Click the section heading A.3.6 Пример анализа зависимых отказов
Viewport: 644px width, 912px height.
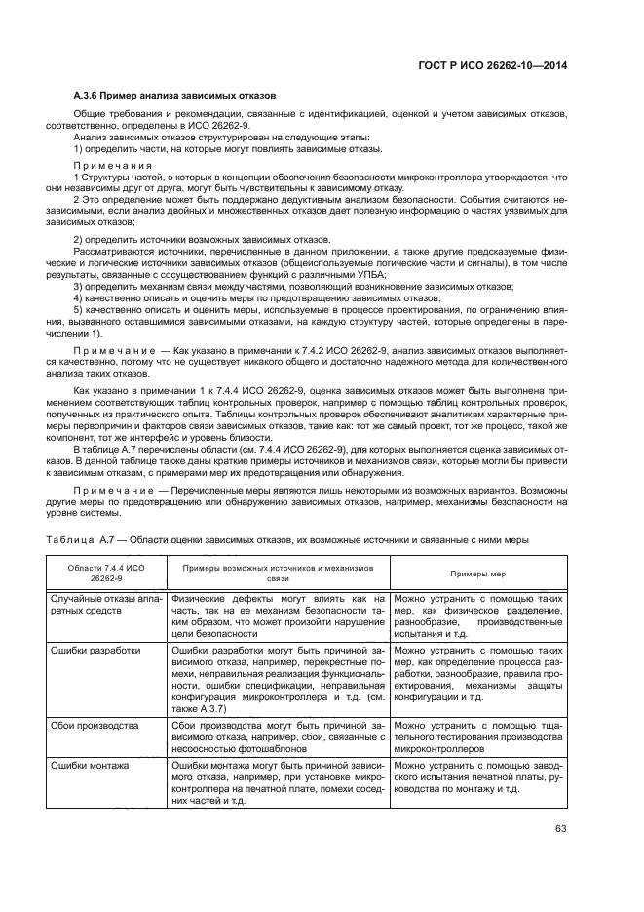tap(176, 95)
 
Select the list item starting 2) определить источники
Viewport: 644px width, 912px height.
tap(203, 239)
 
